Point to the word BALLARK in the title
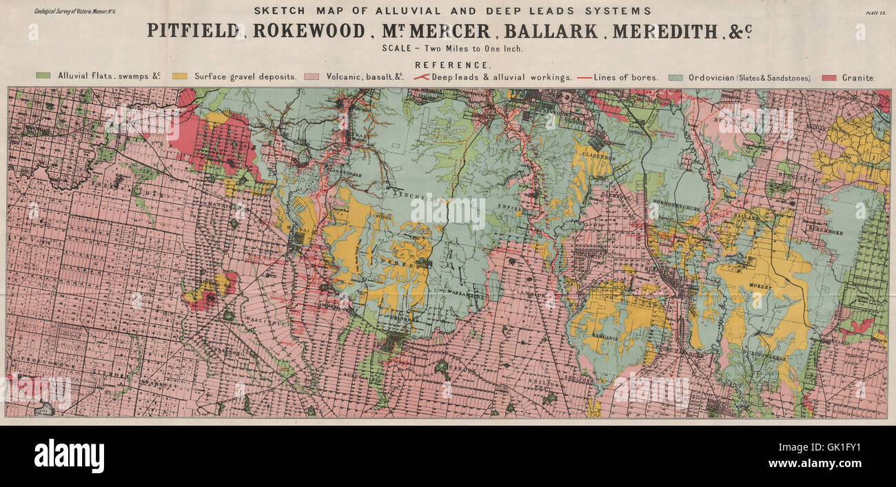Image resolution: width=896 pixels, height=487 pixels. click(551, 31)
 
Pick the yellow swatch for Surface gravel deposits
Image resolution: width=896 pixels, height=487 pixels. click(180, 77)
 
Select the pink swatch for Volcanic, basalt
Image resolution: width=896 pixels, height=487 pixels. click(312, 77)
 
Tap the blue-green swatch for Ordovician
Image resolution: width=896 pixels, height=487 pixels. click(677, 77)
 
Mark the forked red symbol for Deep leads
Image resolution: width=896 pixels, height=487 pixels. click(420, 77)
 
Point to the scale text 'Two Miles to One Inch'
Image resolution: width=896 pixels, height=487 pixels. click(466, 48)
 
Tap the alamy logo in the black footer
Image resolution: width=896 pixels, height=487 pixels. click(69, 456)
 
